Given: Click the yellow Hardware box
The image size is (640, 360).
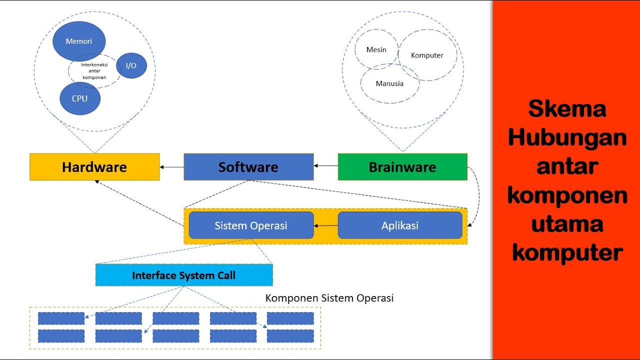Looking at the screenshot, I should (94, 166).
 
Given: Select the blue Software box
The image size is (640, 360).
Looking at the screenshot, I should (248, 166).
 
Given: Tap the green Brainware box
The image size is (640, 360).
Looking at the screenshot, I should (402, 166).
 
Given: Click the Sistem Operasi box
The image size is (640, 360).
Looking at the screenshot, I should (251, 225).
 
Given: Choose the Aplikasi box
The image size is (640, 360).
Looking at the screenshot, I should (400, 225).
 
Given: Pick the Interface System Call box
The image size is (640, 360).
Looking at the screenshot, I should (184, 275).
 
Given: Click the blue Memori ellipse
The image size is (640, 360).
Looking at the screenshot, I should (79, 41).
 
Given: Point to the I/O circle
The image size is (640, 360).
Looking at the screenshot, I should (131, 65).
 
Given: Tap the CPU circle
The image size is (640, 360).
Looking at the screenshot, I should (79, 98).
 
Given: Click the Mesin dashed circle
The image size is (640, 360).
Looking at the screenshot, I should (376, 49).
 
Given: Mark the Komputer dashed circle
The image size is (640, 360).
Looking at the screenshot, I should (427, 55).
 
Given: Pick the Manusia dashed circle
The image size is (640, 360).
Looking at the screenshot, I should (389, 83).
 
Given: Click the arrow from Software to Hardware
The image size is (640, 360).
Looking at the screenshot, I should (171, 167).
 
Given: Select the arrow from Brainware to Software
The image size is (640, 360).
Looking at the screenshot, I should (325, 165).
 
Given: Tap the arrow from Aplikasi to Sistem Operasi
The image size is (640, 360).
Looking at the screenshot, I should (325, 225).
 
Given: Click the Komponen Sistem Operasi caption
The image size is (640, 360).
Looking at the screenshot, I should (329, 298).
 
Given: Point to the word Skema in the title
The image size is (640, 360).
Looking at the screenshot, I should (567, 109).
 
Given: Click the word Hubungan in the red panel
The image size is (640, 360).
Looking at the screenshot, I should (567, 137).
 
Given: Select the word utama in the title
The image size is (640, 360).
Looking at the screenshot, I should (567, 223).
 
